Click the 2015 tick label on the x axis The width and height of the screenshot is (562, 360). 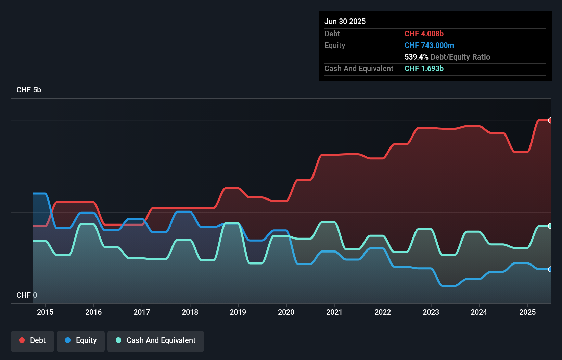coord(45,312)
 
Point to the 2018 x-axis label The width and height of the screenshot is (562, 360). coord(190,312)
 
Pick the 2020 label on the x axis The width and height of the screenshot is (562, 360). coord(286,312)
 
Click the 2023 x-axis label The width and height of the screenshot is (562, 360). coord(431,312)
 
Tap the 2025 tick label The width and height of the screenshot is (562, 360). coord(527,312)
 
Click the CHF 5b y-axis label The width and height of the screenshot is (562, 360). coord(29,90)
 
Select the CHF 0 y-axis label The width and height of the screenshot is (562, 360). coord(27,295)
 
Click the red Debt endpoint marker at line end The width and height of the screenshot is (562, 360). coord(550,120)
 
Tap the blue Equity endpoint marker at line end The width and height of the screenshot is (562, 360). coord(550,269)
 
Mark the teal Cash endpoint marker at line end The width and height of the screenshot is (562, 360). coord(550,226)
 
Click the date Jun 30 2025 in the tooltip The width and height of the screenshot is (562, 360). coord(345,21)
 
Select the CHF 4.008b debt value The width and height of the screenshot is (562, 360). coord(424,34)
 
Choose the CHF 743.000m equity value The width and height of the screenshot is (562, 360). coord(429,45)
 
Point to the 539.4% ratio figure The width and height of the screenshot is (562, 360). coord(416,57)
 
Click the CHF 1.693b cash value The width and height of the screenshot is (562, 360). coord(424,68)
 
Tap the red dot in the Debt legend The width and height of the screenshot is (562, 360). coord(22,340)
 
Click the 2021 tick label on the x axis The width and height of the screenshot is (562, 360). coord(334,312)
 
